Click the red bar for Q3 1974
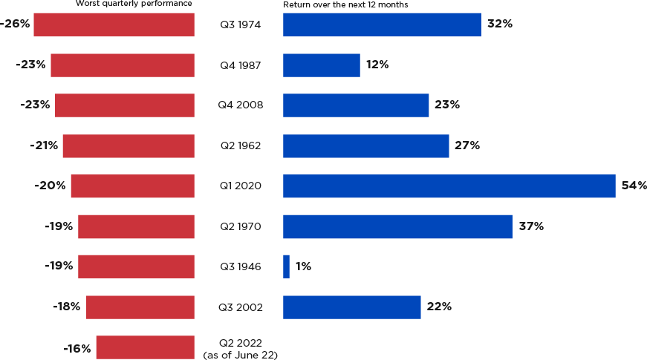[114, 24]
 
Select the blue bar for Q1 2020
[449, 186]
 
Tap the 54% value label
[634, 186]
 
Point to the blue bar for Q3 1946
[286, 266]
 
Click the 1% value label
[303, 266]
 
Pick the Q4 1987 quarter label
[240, 65]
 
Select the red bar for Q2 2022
[145, 347]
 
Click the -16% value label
[77, 348]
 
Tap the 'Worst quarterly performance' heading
[134, 4]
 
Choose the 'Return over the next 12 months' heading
[345, 4]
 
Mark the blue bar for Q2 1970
[397, 226]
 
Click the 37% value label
[531, 226]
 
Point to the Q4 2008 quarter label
[240, 105]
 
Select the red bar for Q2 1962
[129, 145]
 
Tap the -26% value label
[15, 24]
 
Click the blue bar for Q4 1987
[321, 65]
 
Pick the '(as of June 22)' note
[240, 356]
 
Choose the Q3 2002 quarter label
[240, 307]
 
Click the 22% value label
[438, 307]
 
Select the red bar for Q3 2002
[140, 307]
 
